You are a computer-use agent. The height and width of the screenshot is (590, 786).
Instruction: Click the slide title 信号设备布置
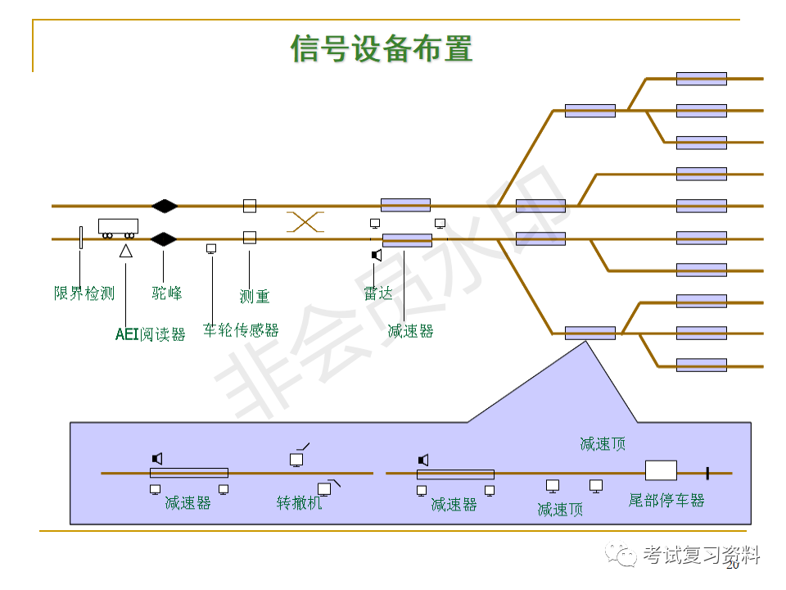(382, 48)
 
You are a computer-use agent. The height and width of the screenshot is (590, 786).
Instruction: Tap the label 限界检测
(84, 293)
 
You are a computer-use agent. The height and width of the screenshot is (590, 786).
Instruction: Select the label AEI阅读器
(151, 334)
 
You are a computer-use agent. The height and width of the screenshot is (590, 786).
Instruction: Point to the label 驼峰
(167, 293)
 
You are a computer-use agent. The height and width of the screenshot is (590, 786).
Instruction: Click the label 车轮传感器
(241, 330)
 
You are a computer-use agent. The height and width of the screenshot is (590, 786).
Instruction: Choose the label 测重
(254, 296)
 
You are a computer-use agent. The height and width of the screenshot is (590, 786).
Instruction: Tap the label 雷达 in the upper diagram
(378, 293)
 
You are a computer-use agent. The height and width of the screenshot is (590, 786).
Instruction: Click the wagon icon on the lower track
(118, 227)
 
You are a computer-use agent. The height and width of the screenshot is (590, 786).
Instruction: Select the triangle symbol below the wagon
(126, 251)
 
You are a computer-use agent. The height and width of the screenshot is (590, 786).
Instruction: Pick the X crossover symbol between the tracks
(305, 221)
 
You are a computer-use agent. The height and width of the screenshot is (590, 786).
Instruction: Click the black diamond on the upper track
(164, 205)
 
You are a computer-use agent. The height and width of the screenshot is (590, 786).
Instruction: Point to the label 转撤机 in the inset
(300, 502)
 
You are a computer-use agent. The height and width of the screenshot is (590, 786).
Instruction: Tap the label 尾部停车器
(666, 500)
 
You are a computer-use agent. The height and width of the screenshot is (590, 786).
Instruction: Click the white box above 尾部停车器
(661, 470)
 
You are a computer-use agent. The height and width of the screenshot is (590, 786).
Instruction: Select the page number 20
(733, 565)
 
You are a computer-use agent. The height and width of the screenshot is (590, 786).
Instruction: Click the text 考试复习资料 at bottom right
(702, 555)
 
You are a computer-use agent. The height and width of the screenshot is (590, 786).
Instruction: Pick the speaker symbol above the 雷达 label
(377, 255)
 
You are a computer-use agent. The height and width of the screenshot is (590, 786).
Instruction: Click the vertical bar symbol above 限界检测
(80, 238)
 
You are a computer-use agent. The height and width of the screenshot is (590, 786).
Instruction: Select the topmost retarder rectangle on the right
(701, 79)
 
